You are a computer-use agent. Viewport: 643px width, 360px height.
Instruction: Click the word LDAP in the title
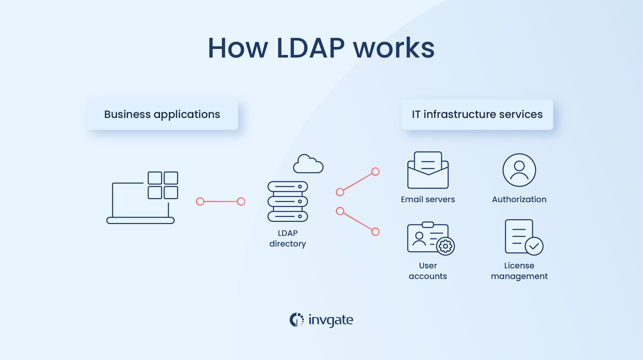[310, 48]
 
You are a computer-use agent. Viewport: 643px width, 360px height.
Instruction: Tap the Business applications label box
[162, 114]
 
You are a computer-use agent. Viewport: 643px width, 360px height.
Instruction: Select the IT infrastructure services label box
[477, 114]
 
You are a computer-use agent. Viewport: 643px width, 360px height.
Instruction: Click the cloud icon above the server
[308, 164]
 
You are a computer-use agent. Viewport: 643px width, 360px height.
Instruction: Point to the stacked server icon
[288, 202]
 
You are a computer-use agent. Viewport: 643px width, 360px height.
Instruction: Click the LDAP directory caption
[288, 238]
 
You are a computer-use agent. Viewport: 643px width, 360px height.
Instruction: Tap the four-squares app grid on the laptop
[163, 185]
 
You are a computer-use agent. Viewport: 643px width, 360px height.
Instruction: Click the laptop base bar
[140, 221]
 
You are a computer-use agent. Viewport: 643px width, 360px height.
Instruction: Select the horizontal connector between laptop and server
[220, 202]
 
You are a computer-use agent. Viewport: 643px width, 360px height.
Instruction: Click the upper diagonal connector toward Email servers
[358, 182]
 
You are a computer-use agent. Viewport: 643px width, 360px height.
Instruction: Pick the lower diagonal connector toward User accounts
[358, 221]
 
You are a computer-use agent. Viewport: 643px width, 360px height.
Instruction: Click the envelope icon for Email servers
[428, 170]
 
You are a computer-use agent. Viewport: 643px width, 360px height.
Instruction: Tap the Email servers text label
[428, 200]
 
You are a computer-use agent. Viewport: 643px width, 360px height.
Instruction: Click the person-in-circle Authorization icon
[519, 170]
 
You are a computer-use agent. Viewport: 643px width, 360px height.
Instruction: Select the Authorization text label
[519, 200]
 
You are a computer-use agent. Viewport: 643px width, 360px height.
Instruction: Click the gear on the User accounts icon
[445, 247]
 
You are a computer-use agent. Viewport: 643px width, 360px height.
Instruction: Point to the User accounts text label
[428, 271]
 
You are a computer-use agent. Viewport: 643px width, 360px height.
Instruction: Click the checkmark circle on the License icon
[534, 246]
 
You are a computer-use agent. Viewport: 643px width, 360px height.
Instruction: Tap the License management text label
[519, 271]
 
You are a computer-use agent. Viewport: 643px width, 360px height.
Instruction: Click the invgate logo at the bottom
[321, 320]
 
